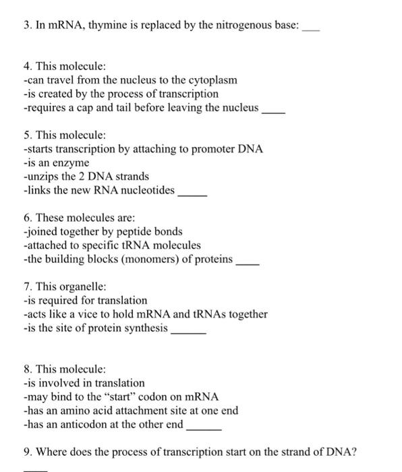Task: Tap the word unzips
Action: [x=41, y=177]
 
